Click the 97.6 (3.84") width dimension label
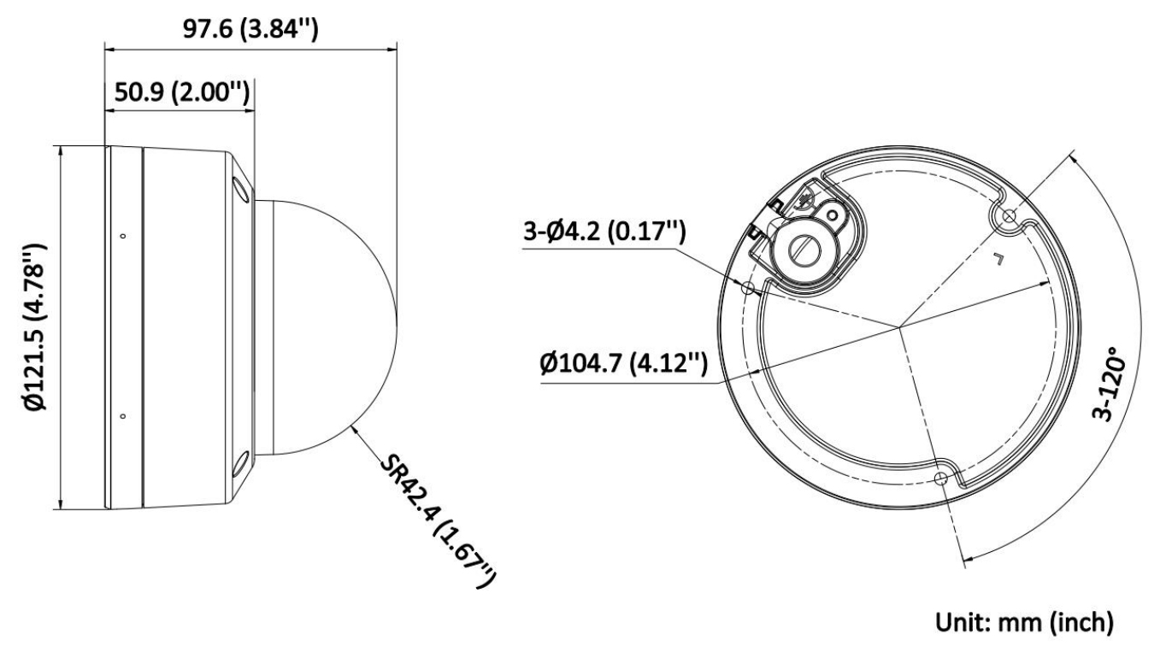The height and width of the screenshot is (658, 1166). (x=250, y=29)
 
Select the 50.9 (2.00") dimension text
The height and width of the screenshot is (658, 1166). (x=182, y=92)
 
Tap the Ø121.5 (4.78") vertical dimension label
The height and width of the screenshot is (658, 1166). (x=35, y=327)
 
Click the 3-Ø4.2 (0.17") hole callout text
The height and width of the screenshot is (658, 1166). (x=604, y=231)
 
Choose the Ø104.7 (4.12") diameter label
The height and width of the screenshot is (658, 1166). (x=623, y=362)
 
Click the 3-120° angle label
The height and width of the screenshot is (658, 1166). (x=1108, y=383)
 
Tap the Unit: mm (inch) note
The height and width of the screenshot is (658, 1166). (x=1024, y=622)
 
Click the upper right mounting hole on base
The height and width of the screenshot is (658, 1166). (x=1009, y=216)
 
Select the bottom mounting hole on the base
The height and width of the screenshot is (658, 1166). (x=941, y=478)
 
